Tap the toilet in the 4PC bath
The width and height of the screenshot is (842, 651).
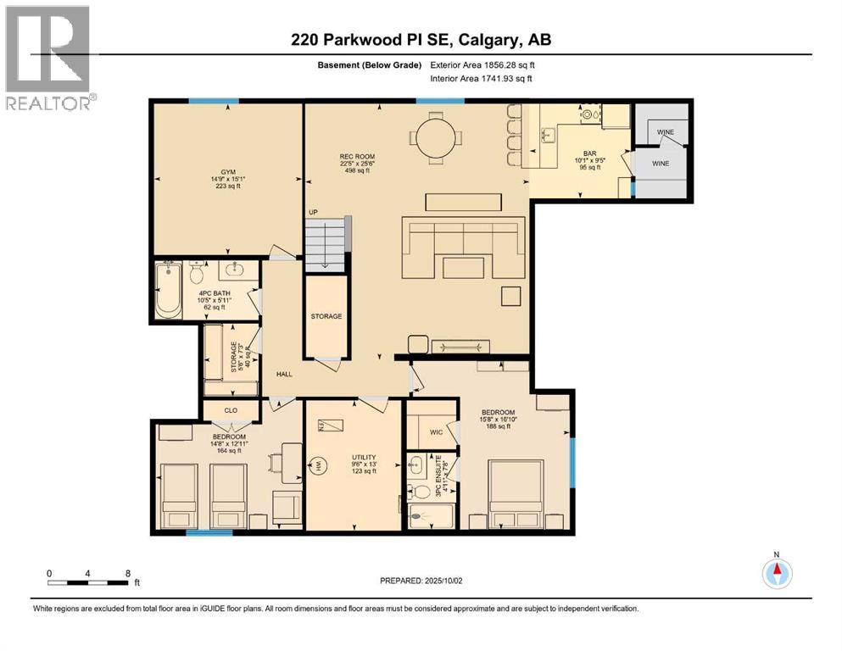coord(198,273)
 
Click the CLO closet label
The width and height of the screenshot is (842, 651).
coord(231,410)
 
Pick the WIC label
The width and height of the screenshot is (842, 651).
coord(436,431)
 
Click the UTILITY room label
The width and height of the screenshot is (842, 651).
coord(364,457)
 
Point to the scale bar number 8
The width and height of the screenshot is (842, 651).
coord(127,572)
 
